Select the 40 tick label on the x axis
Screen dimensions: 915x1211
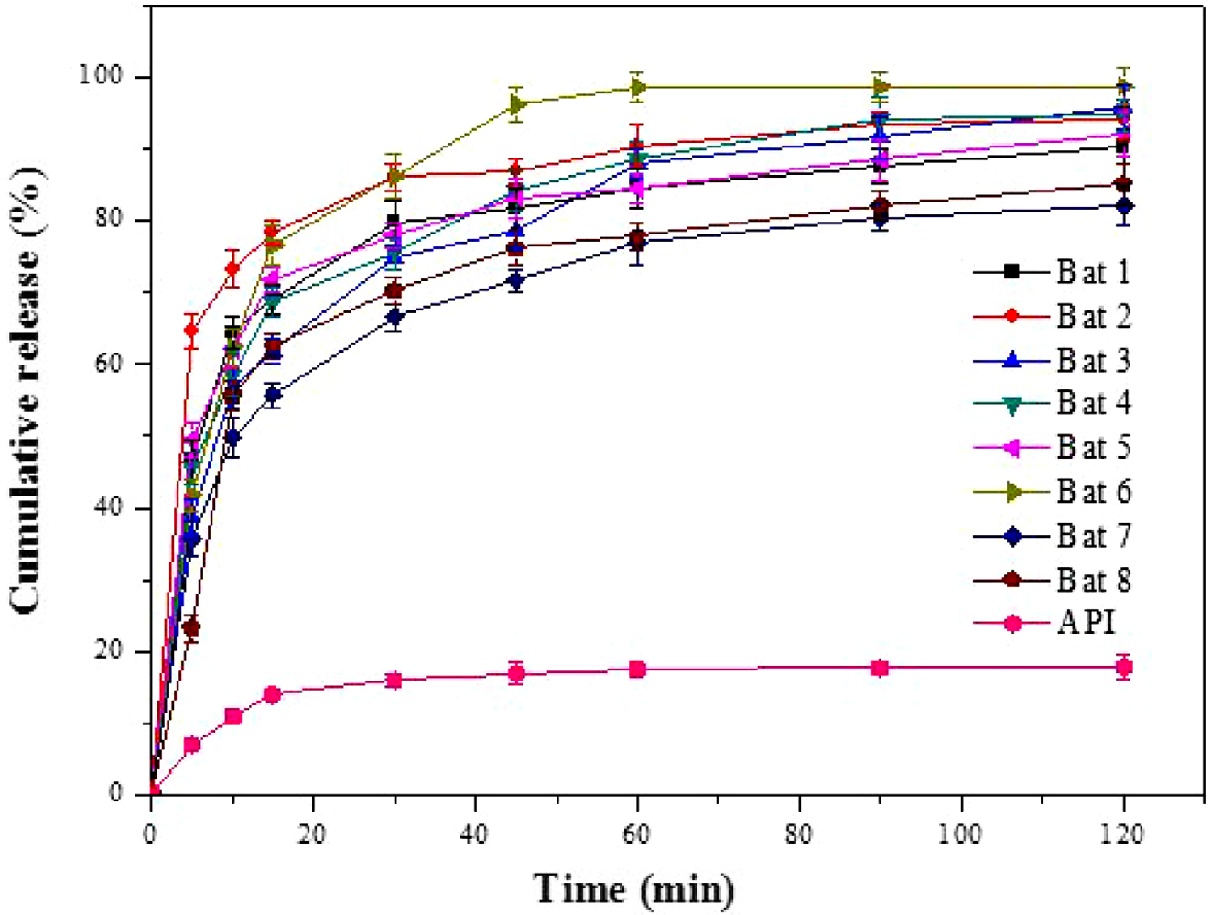(x=475, y=834)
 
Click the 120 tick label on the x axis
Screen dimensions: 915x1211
(x=1123, y=834)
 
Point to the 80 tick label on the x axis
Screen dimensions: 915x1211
(x=799, y=834)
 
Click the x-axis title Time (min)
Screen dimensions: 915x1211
(x=633, y=888)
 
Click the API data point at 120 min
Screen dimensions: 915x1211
(x=1124, y=667)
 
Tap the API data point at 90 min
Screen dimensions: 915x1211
(x=881, y=668)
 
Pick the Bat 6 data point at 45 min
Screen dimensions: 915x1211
(x=516, y=104)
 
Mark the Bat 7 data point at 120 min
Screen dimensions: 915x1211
(x=1124, y=206)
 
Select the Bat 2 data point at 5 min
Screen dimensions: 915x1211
(x=191, y=330)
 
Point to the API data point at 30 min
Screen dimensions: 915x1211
(x=395, y=681)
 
